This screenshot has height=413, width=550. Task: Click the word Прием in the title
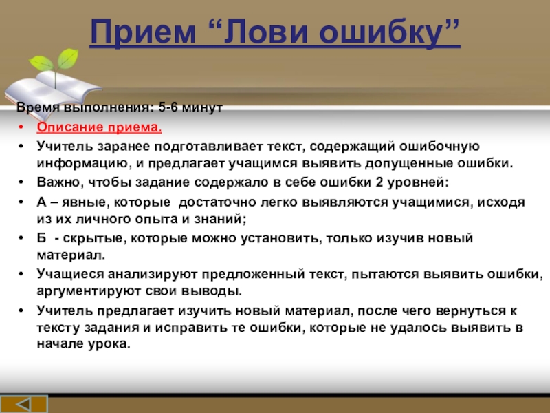(142, 31)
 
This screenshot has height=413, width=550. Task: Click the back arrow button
(24, 404)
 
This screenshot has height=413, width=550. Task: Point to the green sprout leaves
(54, 61)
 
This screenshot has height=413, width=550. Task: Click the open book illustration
(53, 92)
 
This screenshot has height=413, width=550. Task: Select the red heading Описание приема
(99, 127)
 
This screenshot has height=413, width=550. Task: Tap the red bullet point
(21, 127)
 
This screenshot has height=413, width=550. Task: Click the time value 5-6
(168, 107)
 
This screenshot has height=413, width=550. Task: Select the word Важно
(60, 182)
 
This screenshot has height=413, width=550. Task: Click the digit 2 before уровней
(379, 182)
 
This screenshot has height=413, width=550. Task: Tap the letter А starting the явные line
(41, 202)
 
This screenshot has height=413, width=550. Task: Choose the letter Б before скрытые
(41, 238)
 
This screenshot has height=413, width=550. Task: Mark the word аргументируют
(89, 291)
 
